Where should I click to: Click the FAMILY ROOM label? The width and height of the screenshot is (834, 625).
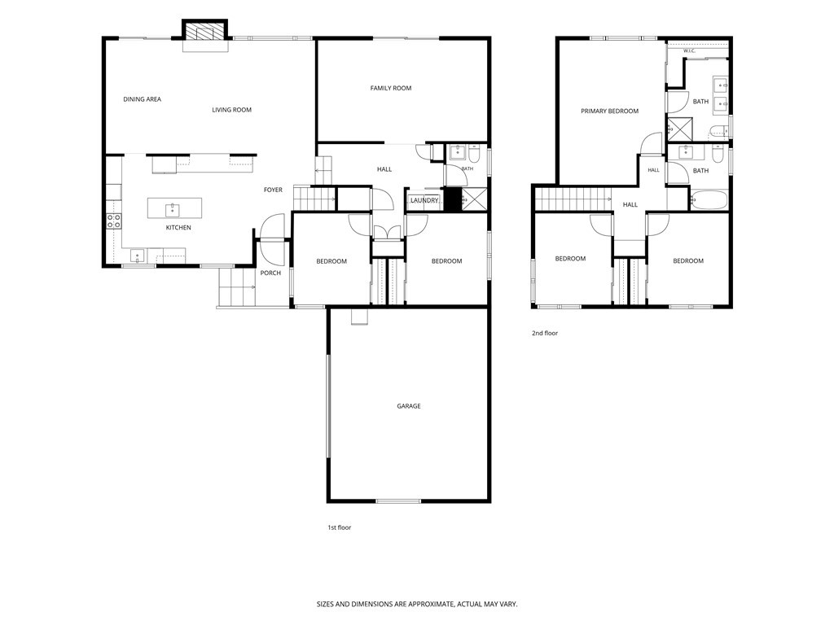tap(391, 88)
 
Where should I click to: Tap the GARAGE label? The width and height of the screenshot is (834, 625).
tap(409, 406)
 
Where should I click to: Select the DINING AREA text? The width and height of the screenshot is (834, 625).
tap(142, 99)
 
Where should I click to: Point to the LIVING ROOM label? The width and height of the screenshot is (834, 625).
tap(232, 110)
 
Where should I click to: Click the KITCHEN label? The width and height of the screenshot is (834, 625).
tap(178, 228)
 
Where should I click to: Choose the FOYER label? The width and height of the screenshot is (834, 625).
tap(274, 190)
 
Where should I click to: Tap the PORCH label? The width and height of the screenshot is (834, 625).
tap(270, 273)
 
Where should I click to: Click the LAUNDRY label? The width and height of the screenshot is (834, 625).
tap(424, 200)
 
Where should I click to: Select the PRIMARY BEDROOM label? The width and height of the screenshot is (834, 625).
tap(609, 111)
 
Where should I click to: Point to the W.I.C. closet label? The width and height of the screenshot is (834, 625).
tap(689, 51)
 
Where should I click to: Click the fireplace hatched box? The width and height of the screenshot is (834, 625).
tap(205, 32)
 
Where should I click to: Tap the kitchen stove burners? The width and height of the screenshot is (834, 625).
tap(114, 221)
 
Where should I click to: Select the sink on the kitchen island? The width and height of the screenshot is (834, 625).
tap(173, 210)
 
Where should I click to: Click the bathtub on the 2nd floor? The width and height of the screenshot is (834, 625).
tap(709, 200)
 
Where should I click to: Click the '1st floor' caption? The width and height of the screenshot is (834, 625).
tap(340, 527)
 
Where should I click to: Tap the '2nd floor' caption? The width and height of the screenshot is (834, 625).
tap(545, 333)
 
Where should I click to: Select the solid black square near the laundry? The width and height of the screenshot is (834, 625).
tap(451, 200)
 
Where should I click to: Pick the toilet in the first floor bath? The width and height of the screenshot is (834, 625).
tap(475, 153)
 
